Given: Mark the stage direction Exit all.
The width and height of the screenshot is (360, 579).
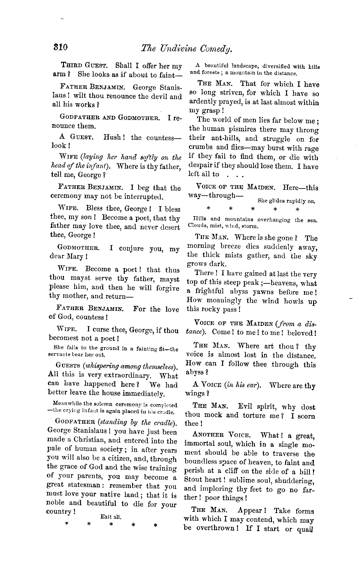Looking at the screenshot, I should (111, 517).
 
